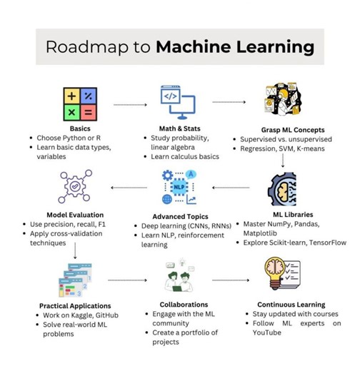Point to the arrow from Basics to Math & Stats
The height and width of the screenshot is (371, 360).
[x=131, y=104]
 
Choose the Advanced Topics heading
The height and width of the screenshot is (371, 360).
[x=179, y=215]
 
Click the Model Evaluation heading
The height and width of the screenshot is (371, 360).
[x=75, y=215]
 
